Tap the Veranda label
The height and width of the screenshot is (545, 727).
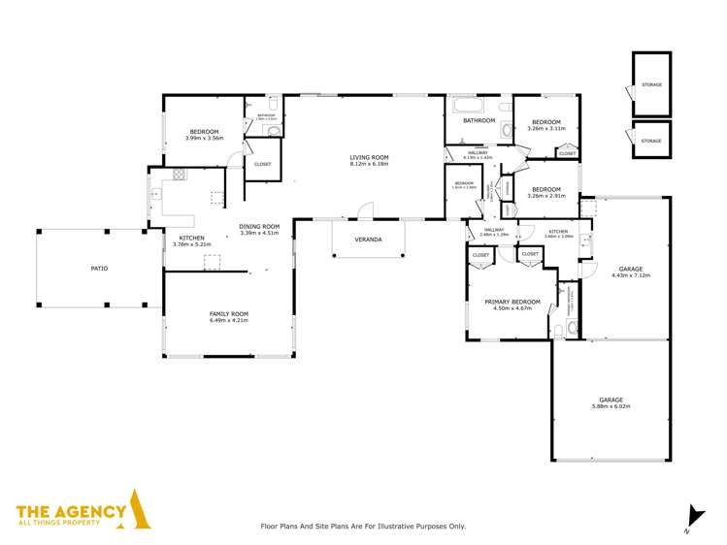[x=368, y=239]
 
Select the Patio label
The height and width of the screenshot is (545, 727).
[x=99, y=269]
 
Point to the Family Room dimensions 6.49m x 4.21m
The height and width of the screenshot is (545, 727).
[x=229, y=320]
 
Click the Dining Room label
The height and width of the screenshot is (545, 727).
[x=259, y=227]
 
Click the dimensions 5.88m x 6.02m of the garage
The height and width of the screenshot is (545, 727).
[x=611, y=406]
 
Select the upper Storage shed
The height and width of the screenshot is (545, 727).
[x=651, y=85]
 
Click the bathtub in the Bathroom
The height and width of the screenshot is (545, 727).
[x=470, y=105]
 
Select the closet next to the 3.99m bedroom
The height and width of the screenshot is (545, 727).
[x=263, y=164]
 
